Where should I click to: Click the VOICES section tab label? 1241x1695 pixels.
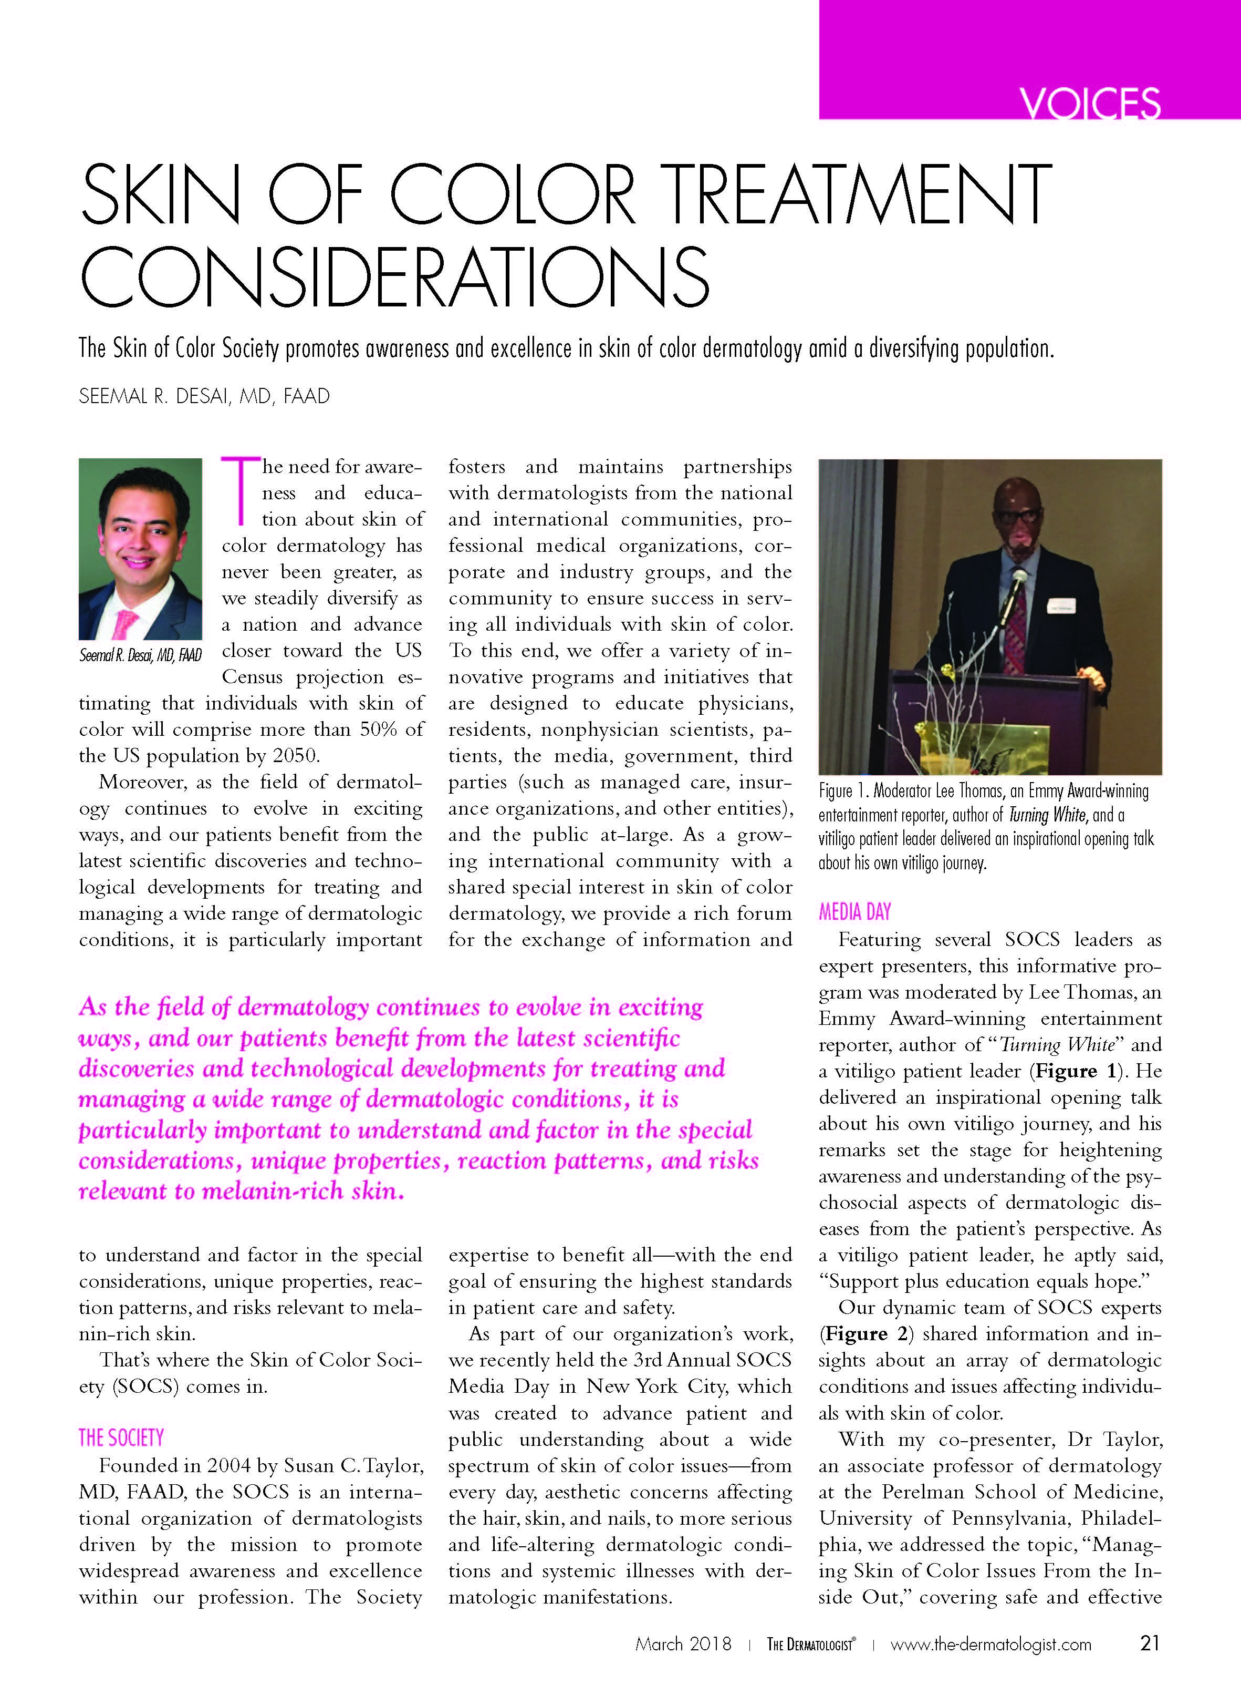coord(1089,102)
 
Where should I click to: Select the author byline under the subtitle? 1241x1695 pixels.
coord(204,397)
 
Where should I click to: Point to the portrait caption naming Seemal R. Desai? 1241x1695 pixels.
coord(140,655)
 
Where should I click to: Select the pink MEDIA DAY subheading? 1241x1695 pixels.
coord(854,912)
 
